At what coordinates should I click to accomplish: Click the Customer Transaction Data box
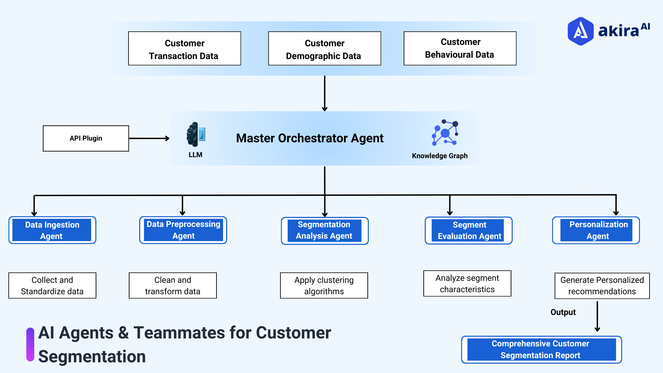(x=184, y=49)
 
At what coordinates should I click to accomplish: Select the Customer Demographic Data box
(x=324, y=49)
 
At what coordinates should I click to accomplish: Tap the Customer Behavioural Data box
(x=460, y=49)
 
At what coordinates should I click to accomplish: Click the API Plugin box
(x=86, y=138)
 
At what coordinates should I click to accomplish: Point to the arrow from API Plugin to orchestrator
(x=149, y=138)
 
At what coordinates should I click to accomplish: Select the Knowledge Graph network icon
(x=445, y=133)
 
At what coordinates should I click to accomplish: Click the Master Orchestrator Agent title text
(x=309, y=138)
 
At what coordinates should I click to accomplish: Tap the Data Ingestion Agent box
(x=52, y=230)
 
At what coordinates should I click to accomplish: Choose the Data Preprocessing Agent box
(x=183, y=230)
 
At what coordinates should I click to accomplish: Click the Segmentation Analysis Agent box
(x=324, y=231)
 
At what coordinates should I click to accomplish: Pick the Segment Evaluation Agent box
(x=468, y=231)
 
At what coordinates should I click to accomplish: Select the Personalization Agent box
(x=596, y=230)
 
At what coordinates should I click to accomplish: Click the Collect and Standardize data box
(x=52, y=286)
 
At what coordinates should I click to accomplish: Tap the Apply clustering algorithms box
(x=324, y=286)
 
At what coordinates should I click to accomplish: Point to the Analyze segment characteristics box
(x=467, y=284)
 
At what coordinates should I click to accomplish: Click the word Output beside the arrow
(x=563, y=312)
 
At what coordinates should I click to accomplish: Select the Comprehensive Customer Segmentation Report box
(x=541, y=350)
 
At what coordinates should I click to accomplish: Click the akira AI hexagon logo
(x=580, y=31)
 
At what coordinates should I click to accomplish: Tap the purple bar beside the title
(x=30, y=344)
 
